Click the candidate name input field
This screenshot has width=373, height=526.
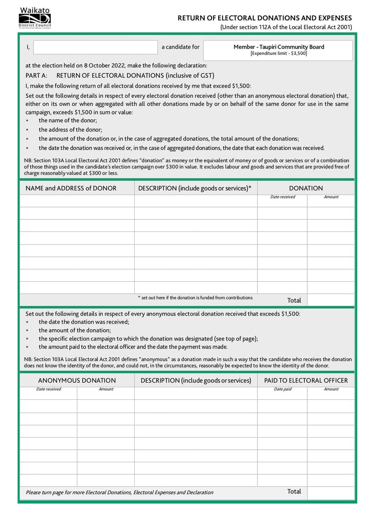pos(96,47)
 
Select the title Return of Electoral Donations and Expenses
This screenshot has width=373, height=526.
pos(264,18)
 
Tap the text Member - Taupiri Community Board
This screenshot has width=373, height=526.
pos(278,47)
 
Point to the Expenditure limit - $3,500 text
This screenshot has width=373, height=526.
pos(278,54)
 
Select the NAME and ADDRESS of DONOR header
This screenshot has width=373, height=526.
pos(71,188)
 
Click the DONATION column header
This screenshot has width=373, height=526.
pos(306,188)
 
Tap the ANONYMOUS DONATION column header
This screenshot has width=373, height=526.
pos(77,380)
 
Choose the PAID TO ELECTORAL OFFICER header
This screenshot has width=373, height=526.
pos(306,380)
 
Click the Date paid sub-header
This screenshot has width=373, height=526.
pos(283,389)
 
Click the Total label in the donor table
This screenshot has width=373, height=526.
pos(294,300)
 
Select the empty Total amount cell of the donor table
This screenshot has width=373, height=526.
pos(330,300)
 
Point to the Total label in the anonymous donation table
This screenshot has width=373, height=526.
pos(294,492)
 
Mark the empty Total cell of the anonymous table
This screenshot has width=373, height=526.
pos(330,492)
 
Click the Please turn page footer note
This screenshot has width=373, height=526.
pos(119,492)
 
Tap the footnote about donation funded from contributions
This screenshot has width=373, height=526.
pos(195,297)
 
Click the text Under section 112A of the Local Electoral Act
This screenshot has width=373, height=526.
pos(286,27)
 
